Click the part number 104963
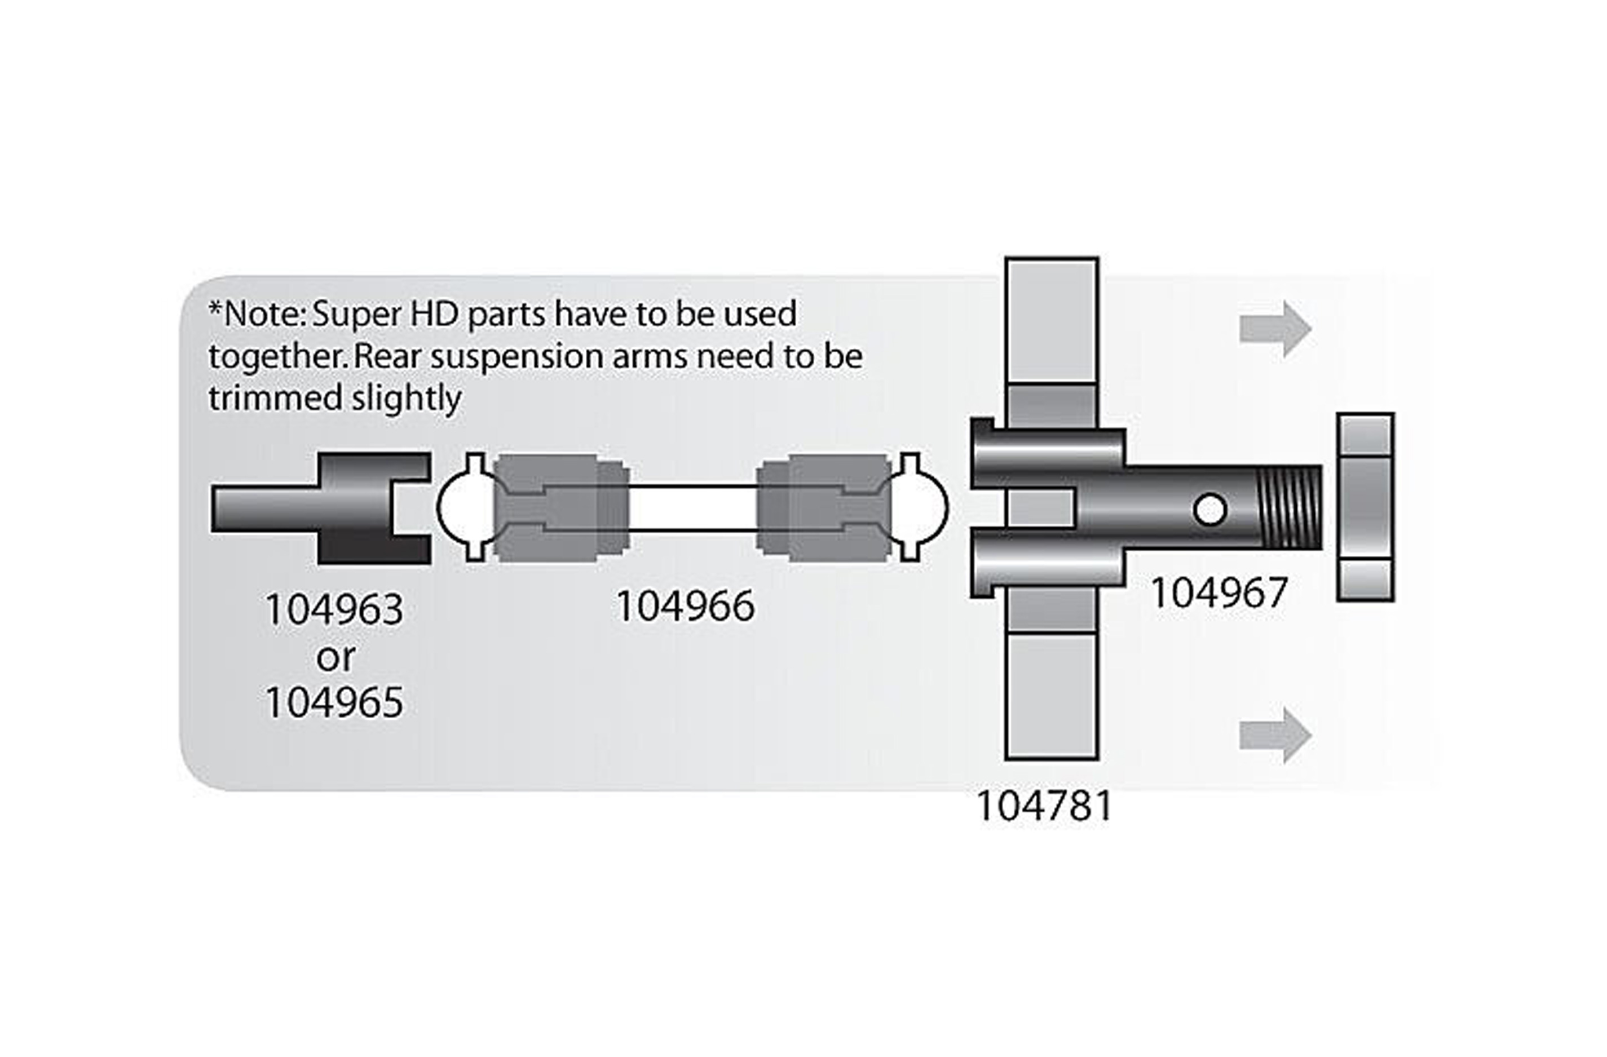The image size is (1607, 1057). [x=334, y=610]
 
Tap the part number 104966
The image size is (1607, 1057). [x=685, y=606]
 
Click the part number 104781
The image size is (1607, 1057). [x=1044, y=807]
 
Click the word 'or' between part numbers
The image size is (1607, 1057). [x=335, y=657]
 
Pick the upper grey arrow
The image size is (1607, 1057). [x=1275, y=329]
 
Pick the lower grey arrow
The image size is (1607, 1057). [x=1275, y=736]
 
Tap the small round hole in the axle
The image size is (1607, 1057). [x=1210, y=510]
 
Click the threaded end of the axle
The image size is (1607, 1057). [x=1291, y=507]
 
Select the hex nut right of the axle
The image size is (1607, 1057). [x=1365, y=507]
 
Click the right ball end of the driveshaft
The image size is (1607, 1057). [x=920, y=507]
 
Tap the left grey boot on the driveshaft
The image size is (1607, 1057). [x=560, y=507]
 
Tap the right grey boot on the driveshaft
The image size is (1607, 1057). [x=824, y=507]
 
